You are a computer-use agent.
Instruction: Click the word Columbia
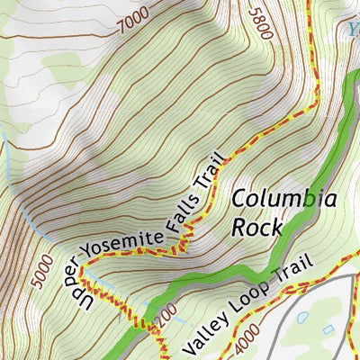coord(284,200)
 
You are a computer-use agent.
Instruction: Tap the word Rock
coord(256,226)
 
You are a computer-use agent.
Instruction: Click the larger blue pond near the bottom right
coord(301,318)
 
